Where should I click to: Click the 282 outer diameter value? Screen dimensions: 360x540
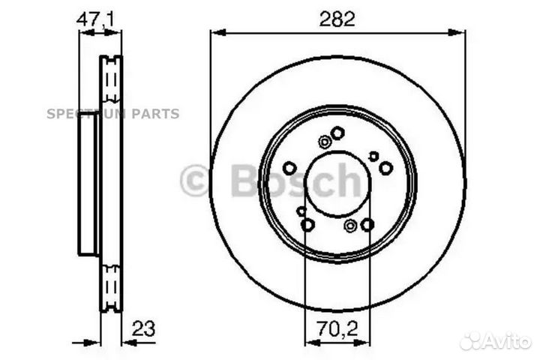[337, 20]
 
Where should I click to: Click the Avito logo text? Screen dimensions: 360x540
[507, 341]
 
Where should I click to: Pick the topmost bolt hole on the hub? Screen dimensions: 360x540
[337, 133]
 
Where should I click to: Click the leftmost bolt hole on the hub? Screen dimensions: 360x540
[289, 168]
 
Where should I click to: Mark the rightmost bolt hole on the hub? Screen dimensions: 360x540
[385, 168]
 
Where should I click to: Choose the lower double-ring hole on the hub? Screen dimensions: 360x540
[350, 225]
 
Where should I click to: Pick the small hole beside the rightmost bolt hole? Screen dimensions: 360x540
[373, 156]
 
